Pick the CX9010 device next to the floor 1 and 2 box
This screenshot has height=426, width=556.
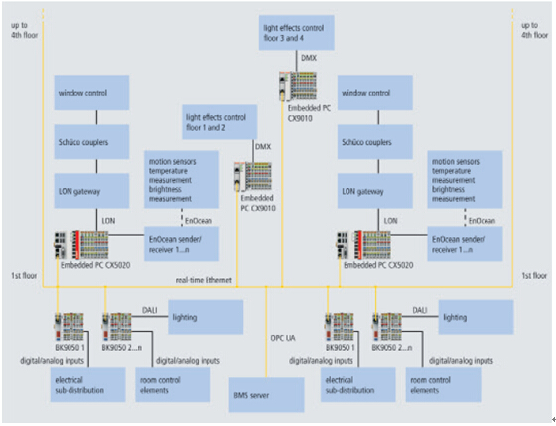click(250, 177)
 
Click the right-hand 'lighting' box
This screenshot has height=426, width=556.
click(478, 318)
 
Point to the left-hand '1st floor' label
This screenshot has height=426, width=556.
click(22, 273)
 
